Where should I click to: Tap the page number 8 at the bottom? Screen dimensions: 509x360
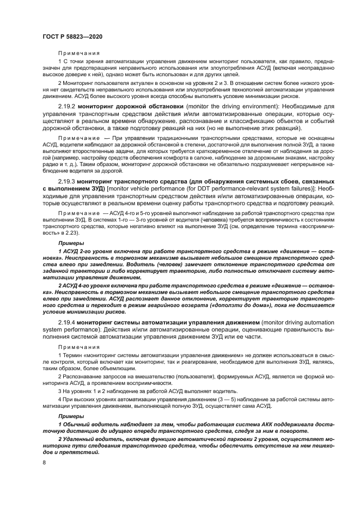point(44,462)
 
